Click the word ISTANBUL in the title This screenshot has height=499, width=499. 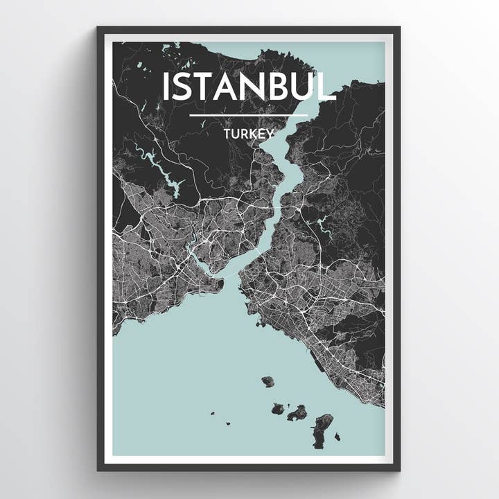click(249, 86)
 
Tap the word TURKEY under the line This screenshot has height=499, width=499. click(249, 132)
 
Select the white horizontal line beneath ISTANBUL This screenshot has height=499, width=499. click(249, 115)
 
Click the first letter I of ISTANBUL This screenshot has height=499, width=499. click(166, 86)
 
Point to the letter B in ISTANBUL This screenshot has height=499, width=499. click(280, 86)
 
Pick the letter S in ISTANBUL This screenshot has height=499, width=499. click(183, 86)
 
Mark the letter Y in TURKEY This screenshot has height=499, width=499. click(270, 132)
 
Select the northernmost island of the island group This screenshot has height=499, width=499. click(268, 381)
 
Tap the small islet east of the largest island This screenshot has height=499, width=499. click(337, 437)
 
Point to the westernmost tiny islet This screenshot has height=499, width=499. click(211, 415)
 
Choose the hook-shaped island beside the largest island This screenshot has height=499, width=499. click(297, 413)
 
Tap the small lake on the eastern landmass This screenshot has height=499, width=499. click(322, 225)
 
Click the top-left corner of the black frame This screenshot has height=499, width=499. click(98, 28)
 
